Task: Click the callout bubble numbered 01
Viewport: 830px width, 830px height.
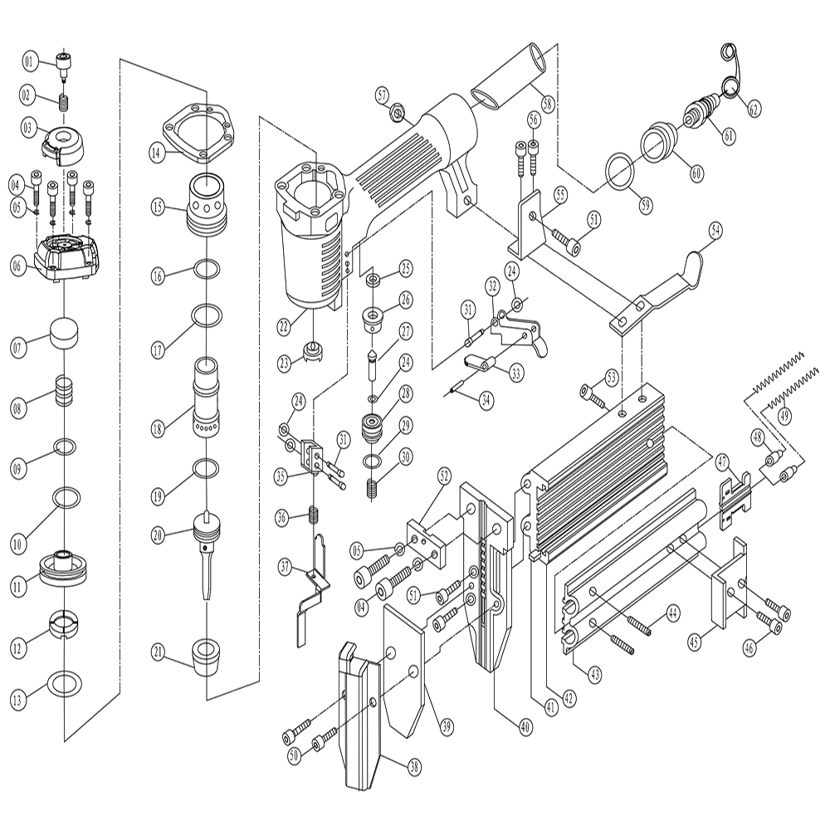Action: [30, 61]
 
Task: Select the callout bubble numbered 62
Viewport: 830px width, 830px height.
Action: [754, 108]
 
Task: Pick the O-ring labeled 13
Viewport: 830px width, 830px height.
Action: [66, 684]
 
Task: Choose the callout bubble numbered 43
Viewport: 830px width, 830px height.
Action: [593, 674]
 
